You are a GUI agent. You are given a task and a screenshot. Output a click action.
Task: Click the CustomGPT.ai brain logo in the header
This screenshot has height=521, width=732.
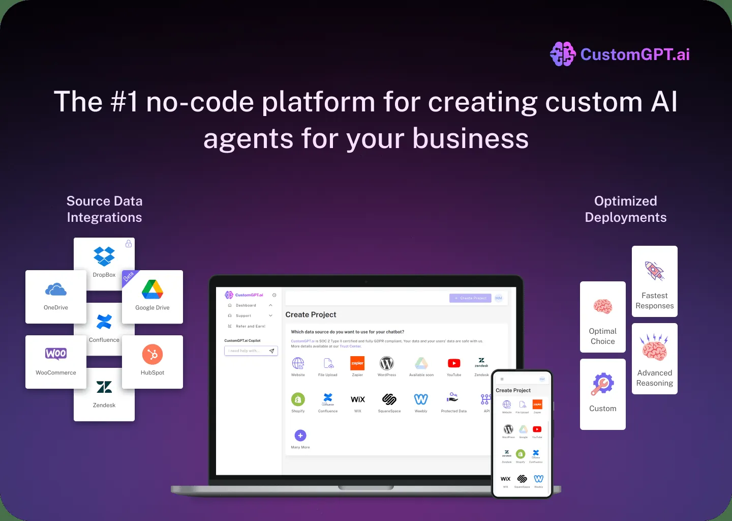click(563, 54)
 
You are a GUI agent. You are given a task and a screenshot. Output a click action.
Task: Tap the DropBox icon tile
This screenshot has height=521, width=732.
click(104, 257)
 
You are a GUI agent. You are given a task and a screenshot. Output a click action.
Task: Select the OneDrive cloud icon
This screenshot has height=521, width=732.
click(56, 290)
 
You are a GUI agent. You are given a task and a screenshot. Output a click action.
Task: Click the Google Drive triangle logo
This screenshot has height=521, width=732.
click(152, 290)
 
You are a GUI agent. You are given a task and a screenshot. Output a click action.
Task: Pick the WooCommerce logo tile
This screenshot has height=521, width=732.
click(56, 361)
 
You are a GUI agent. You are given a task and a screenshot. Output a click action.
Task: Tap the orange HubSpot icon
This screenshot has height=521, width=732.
click(152, 355)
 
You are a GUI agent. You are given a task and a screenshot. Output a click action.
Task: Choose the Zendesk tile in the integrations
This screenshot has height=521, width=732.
click(104, 394)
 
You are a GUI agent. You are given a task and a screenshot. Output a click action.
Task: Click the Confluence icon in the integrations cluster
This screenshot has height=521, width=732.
click(104, 322)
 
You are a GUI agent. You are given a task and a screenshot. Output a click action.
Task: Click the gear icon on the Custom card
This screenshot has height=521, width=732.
click(603, 384)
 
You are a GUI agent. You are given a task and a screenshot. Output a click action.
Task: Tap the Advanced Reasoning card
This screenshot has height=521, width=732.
click(655, 359)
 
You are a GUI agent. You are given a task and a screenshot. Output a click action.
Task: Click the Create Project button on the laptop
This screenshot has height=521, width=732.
click(470, 298)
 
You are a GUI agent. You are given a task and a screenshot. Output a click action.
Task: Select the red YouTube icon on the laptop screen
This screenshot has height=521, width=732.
click(454, 363)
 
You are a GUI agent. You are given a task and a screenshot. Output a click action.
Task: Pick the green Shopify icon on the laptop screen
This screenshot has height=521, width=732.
click(298, 399)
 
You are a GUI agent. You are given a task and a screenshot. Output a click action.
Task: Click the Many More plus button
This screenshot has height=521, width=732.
click(300, 436)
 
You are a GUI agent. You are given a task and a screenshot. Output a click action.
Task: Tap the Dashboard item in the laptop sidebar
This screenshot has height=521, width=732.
click(246, 305)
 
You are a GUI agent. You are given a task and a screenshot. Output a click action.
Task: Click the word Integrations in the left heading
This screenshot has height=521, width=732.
click(104, 217)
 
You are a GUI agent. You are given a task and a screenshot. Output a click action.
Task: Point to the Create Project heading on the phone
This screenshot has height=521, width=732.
click(513, 390)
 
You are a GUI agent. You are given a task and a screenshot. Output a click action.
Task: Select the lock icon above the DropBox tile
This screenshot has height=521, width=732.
click(129, 244)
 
